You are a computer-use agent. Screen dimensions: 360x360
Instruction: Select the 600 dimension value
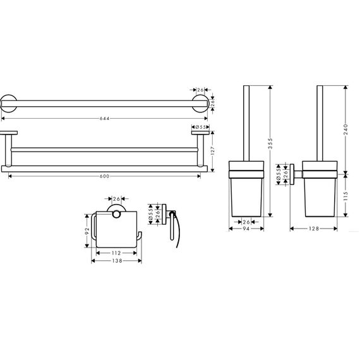point(104,176)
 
